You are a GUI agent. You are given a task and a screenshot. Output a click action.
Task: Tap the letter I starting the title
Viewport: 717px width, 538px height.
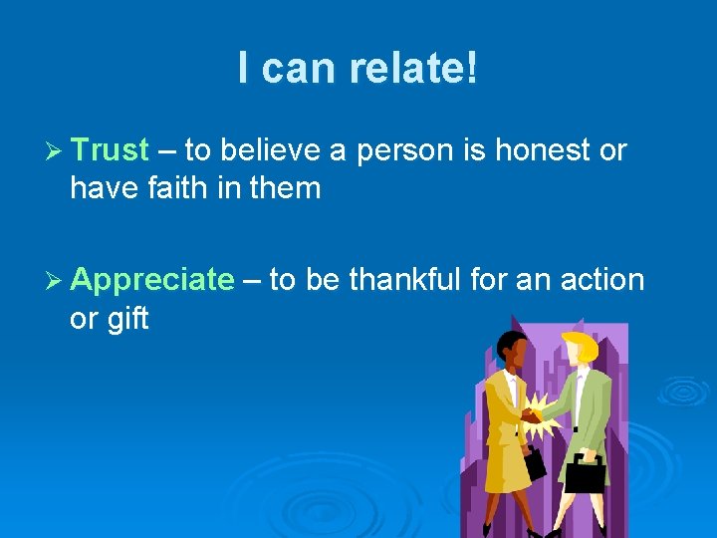(x=244, y=68)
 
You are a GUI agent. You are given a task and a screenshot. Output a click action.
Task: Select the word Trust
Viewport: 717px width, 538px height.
(x=110, y=150)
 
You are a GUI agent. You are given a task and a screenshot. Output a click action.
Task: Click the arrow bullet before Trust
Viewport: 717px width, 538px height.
(x=55, y=151)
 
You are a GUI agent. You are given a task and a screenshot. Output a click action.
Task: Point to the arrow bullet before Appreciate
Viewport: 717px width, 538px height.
(x=55, y=281)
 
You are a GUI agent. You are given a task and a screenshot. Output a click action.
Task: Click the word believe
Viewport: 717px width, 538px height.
(x=271, y=150)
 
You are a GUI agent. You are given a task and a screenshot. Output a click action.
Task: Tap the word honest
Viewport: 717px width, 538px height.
(x=539, y=150)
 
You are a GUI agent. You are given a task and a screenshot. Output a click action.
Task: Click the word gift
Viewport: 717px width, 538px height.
(x=124, y=319)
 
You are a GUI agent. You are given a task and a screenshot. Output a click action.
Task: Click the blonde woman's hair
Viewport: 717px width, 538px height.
(x=580, y=348)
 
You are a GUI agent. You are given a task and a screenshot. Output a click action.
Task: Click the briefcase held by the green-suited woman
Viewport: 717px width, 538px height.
(x=585, y=472)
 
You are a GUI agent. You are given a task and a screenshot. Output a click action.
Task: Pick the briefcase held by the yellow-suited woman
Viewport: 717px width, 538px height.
(x=535, y=461)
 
